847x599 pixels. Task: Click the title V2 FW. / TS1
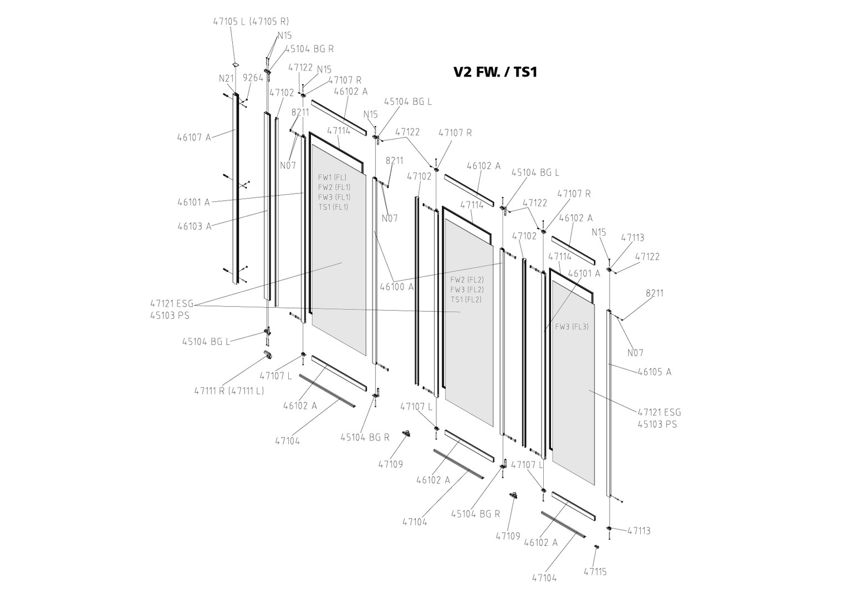494,72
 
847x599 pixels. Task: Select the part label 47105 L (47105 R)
251,22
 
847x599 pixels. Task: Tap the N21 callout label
226,78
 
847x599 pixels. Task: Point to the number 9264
253,78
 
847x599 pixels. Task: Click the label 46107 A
194,137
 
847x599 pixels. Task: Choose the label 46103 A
194,226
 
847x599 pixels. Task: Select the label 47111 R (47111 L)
229,390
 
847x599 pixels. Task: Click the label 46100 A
396,287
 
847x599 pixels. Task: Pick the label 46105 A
654,372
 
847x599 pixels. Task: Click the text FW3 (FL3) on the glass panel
572,327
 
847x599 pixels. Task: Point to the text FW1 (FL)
332,177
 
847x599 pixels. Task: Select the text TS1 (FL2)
466,299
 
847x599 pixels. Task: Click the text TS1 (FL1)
333,207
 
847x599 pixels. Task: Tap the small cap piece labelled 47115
597,547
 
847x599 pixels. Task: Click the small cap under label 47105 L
236,65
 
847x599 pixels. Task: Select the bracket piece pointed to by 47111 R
268,354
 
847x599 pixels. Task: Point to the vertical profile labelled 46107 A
236,189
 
